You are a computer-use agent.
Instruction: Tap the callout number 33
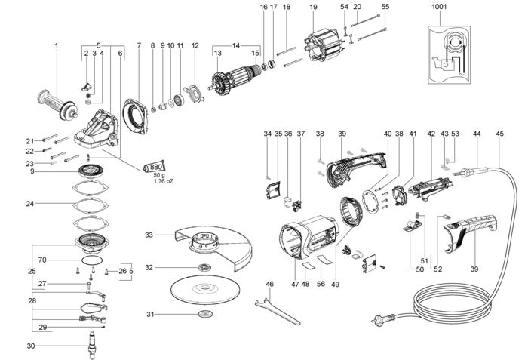tap(149, 235)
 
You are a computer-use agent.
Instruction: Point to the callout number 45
tap(499, 134)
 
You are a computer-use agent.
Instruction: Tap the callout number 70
tap(43, 260)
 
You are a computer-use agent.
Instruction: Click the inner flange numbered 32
tap(202, 268)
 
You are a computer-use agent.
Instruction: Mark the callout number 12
tap(195, 45)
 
